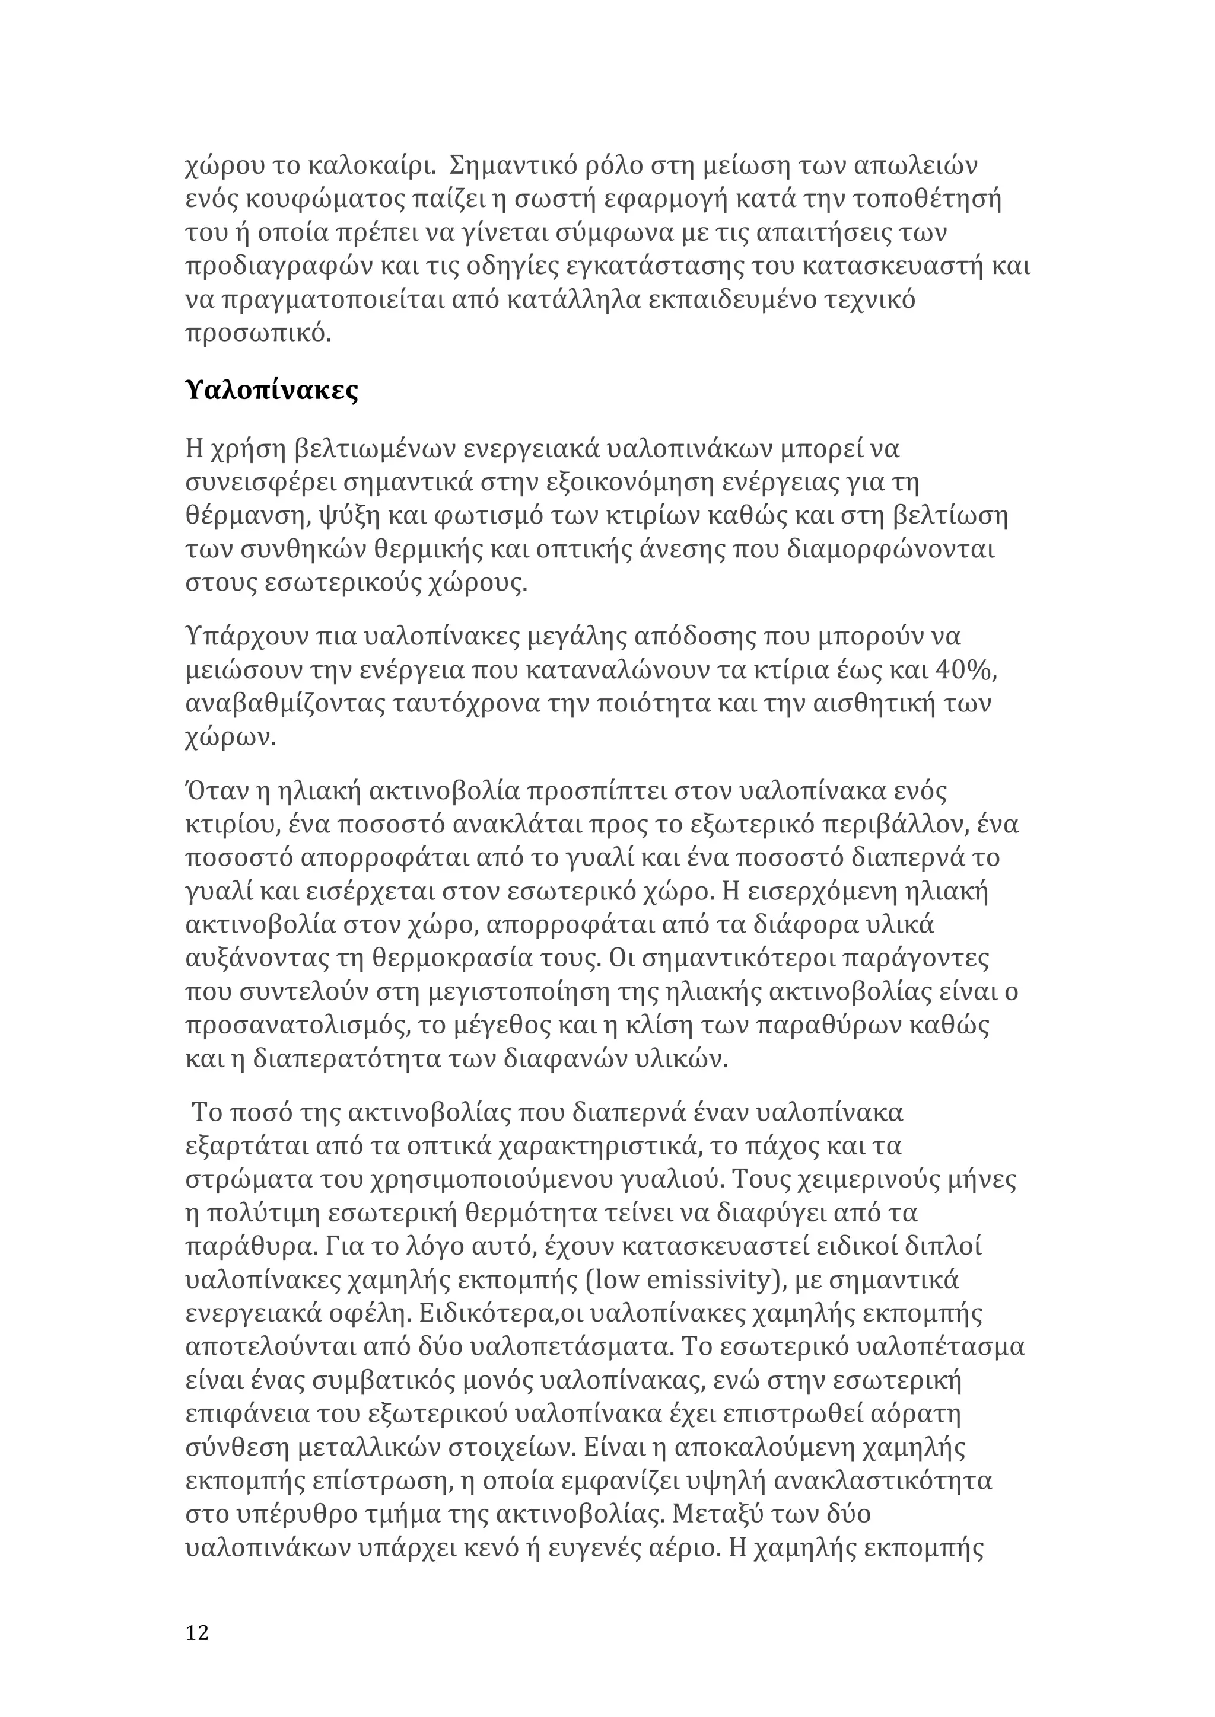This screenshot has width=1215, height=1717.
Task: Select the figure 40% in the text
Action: click(x=965, y=671)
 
